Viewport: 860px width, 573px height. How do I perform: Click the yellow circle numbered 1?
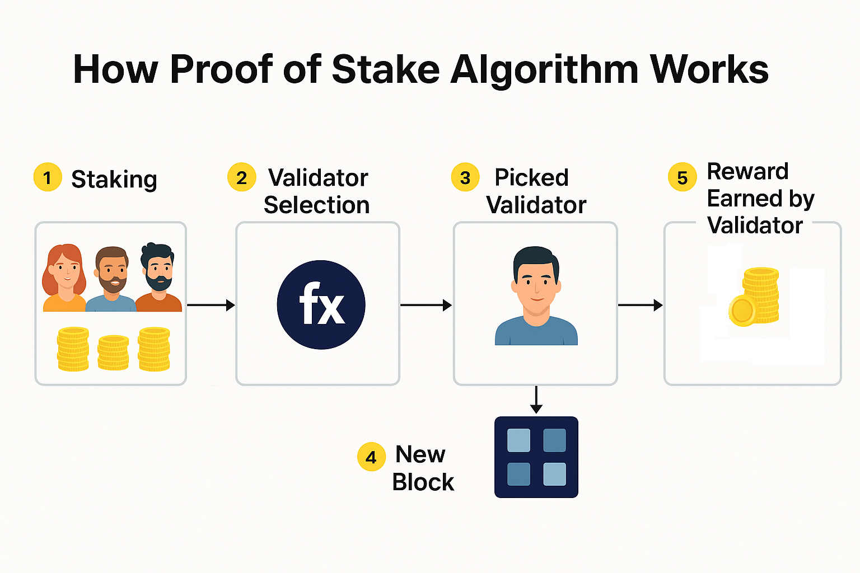pos(48,177)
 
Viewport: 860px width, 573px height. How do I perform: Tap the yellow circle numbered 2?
pos(241,177)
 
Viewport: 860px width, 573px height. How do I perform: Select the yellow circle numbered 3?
pos(465,177)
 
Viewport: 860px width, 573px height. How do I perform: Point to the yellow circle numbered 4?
pos(371,457)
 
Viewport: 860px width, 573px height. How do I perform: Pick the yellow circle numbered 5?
pos(683,177)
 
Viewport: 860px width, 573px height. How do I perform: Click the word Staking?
pos(114,180)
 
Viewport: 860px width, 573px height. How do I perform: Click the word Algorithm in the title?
pos(544,70)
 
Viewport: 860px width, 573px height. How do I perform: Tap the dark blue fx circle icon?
pos(321,305)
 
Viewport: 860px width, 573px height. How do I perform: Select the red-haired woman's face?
pos(66,272)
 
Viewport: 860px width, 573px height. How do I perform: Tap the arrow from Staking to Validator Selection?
pos(211,305)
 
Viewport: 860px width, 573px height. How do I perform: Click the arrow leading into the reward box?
pos(640,305)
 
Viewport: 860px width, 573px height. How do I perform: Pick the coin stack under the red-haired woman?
pos(73,349)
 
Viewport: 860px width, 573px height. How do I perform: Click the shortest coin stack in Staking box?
pos(113,353)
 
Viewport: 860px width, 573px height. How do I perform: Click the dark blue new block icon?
pos(536,457)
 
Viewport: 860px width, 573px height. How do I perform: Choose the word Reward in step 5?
pos(747,171)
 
